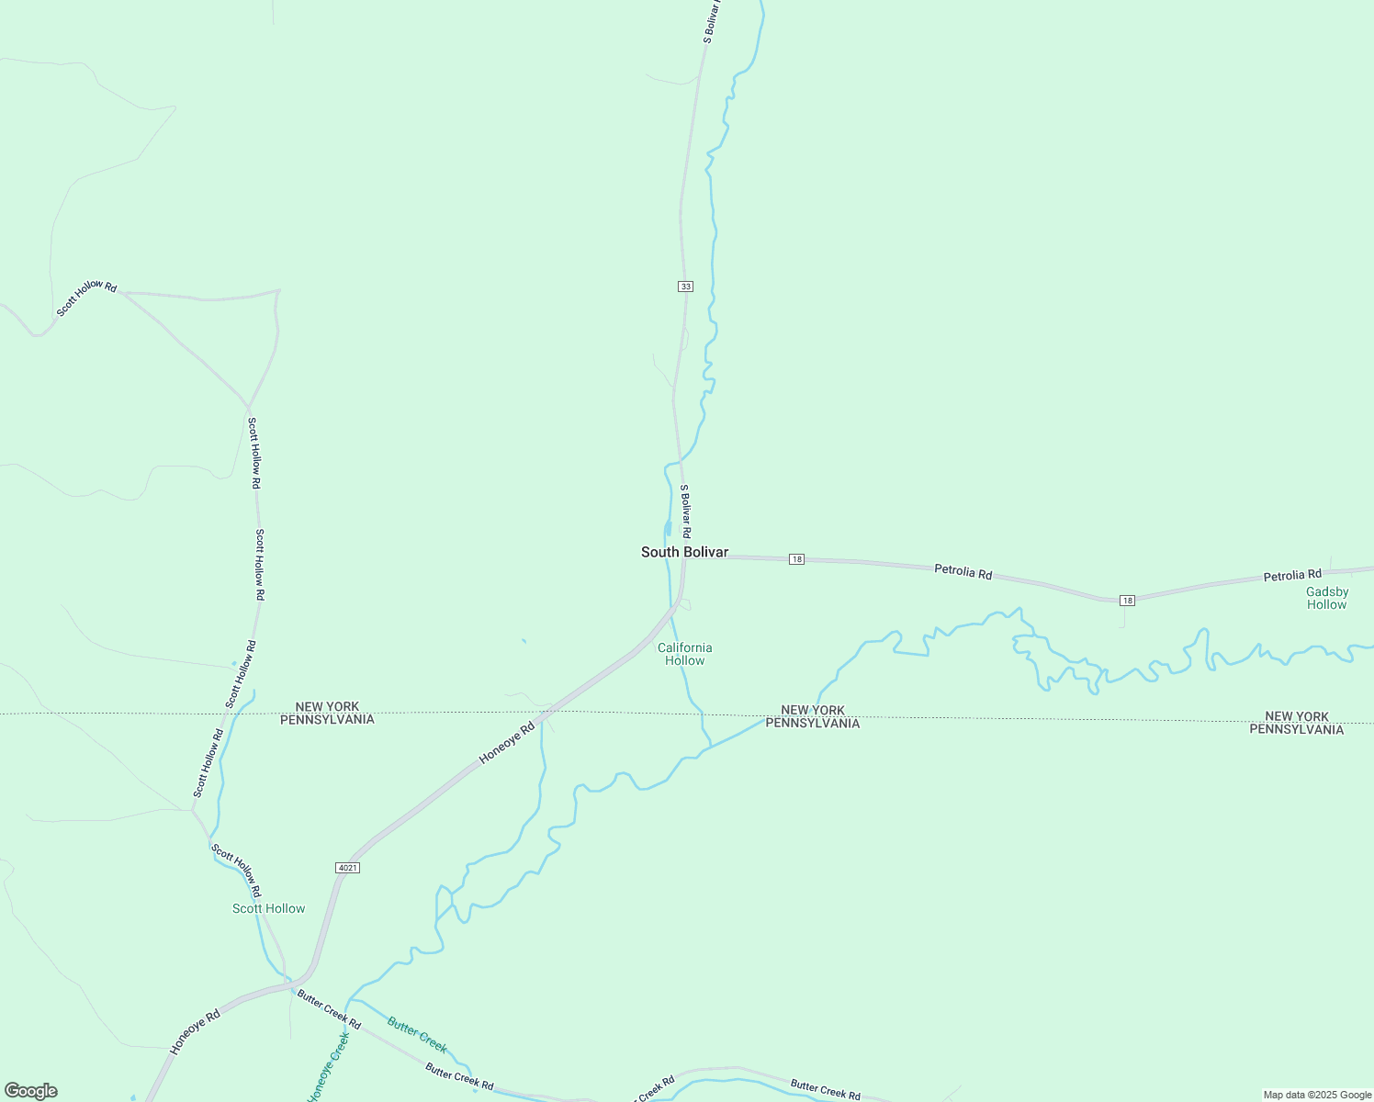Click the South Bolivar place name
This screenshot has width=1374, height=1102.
(684, 552)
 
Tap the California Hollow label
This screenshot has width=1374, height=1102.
(685, 654)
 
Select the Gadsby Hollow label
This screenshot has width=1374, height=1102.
(1327, 598)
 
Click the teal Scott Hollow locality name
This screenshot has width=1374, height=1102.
(268, 908)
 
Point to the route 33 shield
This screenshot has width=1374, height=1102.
(685, 287)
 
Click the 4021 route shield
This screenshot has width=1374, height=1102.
(347, 868)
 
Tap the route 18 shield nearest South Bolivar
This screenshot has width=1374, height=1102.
(796, 559)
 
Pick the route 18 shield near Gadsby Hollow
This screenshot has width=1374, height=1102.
(1127, 601)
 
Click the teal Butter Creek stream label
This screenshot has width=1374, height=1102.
(417, 1034)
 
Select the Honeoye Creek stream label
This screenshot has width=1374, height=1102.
(329, 1068)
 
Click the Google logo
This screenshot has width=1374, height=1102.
(31, 1091)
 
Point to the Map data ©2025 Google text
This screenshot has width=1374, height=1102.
(1317, 1095)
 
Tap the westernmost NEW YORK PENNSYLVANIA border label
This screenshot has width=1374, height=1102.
(327, 714)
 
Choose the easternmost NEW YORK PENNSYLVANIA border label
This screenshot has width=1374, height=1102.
(1296, 723)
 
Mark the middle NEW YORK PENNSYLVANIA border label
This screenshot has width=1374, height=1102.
(813, 716)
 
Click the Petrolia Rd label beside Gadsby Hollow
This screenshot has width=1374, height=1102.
(1291, 576)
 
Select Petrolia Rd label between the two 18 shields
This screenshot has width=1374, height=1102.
(963, 572)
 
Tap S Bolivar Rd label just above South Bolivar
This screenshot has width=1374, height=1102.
(685, 512)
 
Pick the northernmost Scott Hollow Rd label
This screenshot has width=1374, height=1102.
(87, 298)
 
